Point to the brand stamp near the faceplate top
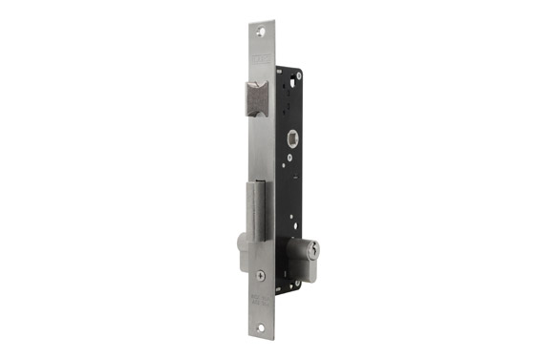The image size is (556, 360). point(261,60)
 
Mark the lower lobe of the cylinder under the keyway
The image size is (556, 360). point(307,269)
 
